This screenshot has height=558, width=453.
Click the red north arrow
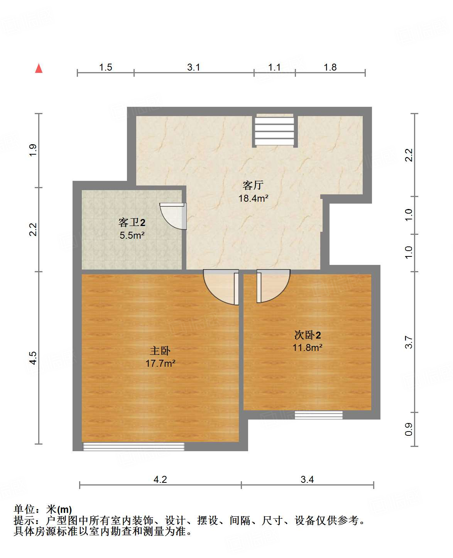pos(39,68)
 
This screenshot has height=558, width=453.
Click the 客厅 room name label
pos(253,185)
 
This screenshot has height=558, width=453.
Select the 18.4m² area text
pos(254,199)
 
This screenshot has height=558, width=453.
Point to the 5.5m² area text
pos(132,235)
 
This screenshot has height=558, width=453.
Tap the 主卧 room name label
pos(160,351)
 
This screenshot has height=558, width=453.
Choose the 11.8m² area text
pos(308,347)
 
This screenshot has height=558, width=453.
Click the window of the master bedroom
pos(134,447)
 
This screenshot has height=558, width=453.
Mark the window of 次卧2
pos(319,415)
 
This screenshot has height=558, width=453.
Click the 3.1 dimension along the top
pos(194,67)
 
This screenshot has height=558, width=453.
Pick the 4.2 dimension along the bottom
pos(160,479)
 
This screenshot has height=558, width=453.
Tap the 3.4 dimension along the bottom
pos(307,479)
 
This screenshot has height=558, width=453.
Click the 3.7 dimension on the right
pos(409,342)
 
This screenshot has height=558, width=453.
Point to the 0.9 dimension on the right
pos(409,429)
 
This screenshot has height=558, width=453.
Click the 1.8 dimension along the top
pos(330,67)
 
